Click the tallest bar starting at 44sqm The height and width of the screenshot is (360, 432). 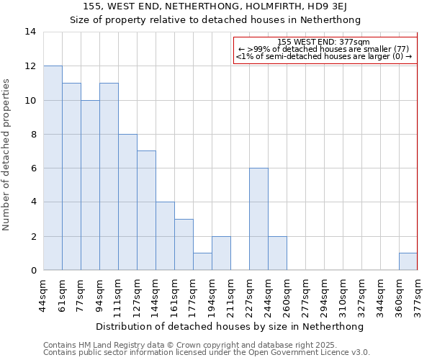click(53, 168)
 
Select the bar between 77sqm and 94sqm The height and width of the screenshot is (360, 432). click(90, 185)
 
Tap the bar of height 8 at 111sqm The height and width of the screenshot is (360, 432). click(127, 202)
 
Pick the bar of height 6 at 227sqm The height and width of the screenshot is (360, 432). click(258, 219)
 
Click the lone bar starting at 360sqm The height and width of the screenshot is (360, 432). click(408, 261)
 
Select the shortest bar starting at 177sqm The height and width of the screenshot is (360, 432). click(202, 261)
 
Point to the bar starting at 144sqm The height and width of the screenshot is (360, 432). click(165, 236)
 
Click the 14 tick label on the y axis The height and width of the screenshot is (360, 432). click(30, 32)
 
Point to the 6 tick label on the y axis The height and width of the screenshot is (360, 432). click(33, 168)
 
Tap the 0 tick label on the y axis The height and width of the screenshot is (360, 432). click(33, 270)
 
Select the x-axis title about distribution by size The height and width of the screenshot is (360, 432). click(230, 326)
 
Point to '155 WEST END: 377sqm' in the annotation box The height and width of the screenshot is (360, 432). click(323, 42)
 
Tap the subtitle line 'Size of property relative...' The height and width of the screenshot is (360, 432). click(215, 19)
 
